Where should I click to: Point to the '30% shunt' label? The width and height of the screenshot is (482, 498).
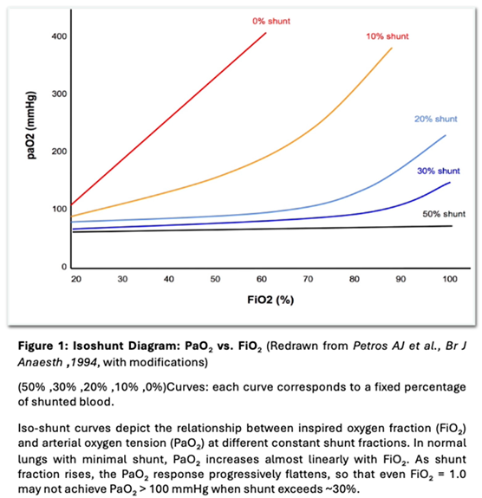pos(438,171)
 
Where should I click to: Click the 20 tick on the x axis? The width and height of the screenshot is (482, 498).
pos(75,280)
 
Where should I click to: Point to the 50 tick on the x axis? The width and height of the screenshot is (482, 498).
pos(216,280)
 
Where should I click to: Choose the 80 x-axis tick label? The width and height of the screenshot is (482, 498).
pos(356,280)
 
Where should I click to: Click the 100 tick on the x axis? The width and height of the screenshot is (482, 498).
pos(449,280)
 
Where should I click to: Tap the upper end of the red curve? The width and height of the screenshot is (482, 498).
pos(264,32)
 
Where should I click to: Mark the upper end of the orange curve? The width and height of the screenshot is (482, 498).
pos(392,49)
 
